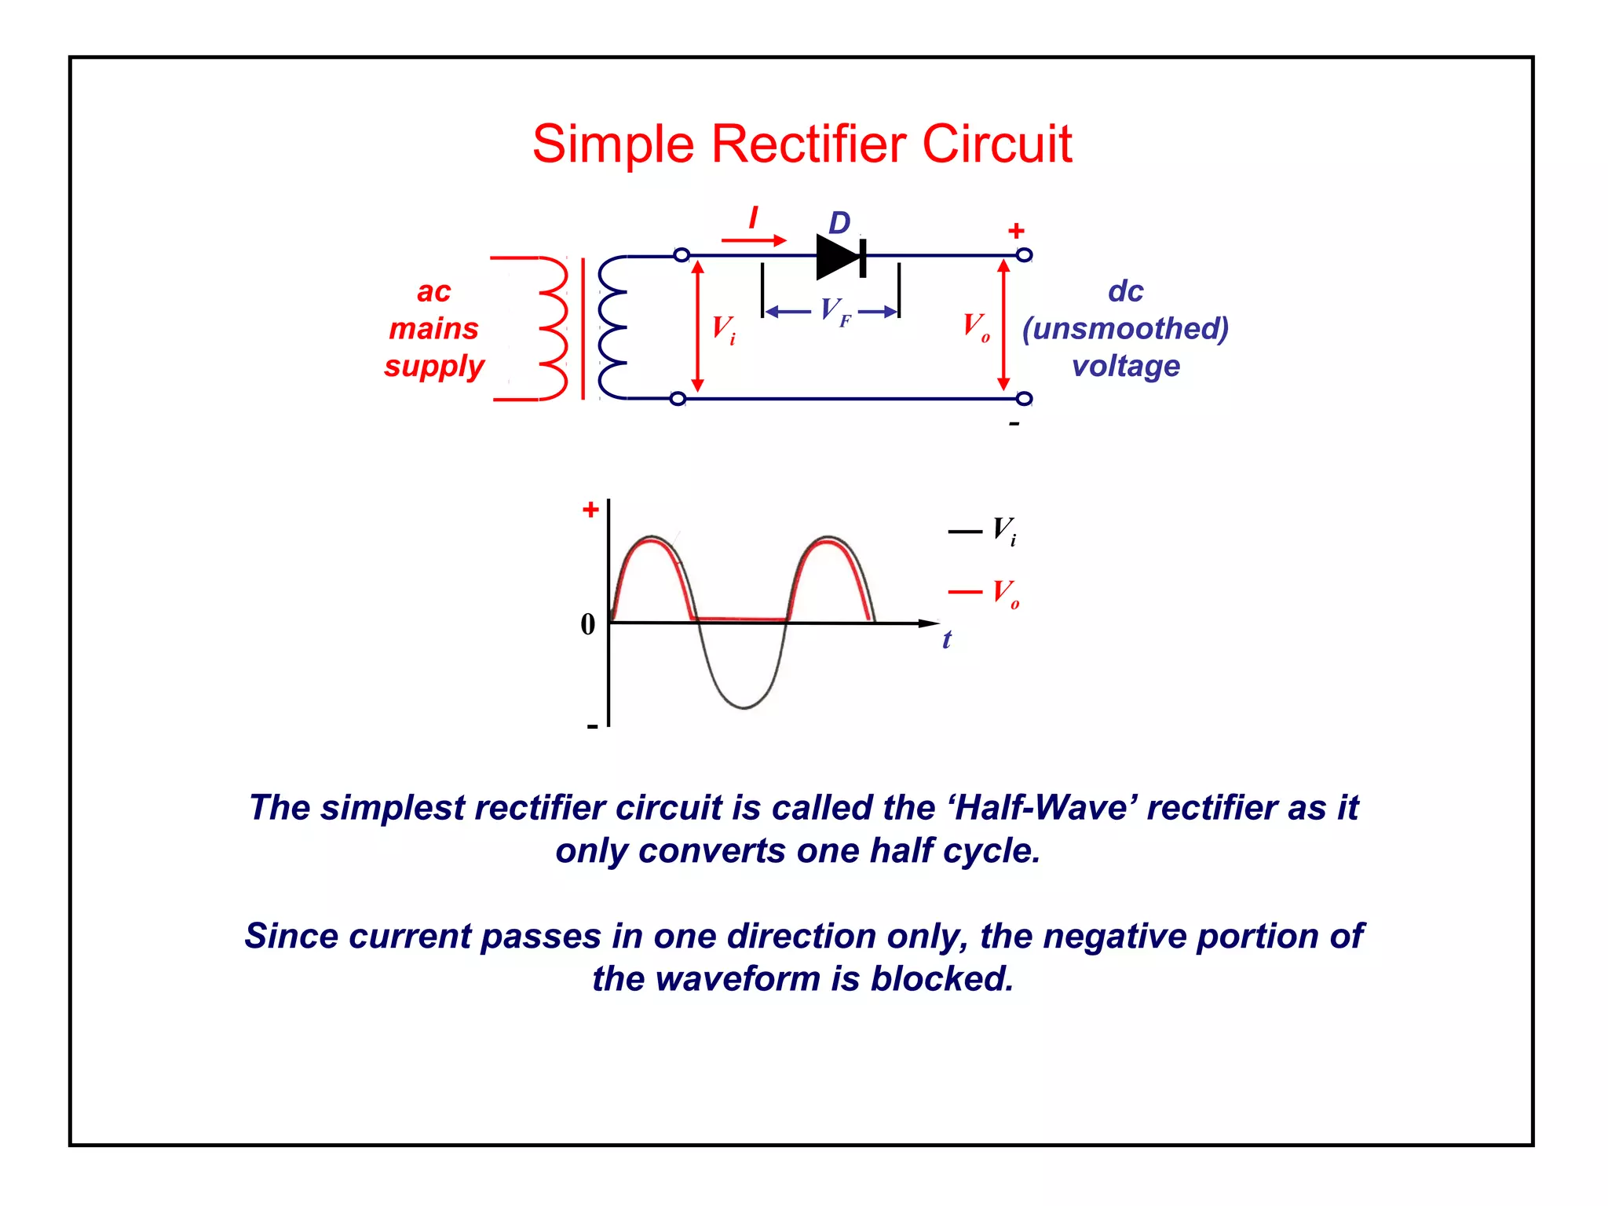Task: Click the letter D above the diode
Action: click(839, 223)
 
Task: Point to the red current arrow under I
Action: click(754, 240)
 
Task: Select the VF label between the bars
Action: click(835, 312)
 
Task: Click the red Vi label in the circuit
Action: click(723, 328)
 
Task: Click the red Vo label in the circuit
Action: click(976, 326)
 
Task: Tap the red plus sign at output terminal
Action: click(1016, 231)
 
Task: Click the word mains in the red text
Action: click(433, 328)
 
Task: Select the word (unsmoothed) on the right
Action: click(1124, 328)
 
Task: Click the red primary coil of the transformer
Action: click(554, 328)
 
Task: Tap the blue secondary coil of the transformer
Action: click(612, 328)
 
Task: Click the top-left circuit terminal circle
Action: click(682, 255)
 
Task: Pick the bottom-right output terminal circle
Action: click(1024, 399)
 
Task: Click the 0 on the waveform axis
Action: click(588, 625)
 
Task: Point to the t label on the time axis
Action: click(947, 640)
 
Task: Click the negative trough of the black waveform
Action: click(744, 707)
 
